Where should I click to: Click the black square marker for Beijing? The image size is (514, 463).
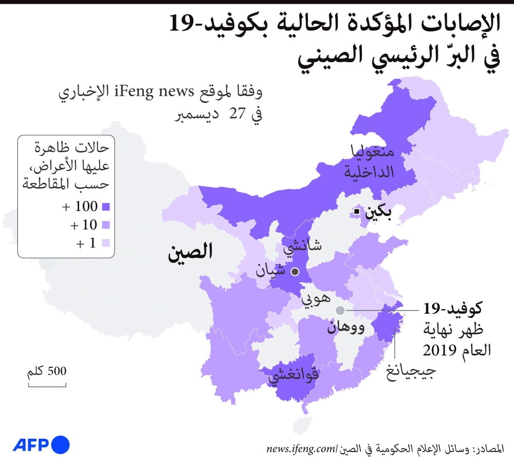pos(356,211)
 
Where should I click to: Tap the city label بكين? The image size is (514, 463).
pos(378,212)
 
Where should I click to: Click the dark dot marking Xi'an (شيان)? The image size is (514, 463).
pos(295,271)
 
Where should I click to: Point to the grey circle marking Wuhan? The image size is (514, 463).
pos(340,310)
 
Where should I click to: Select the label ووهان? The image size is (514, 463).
pos(345,327)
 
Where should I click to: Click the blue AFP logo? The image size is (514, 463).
pos(41,444)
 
